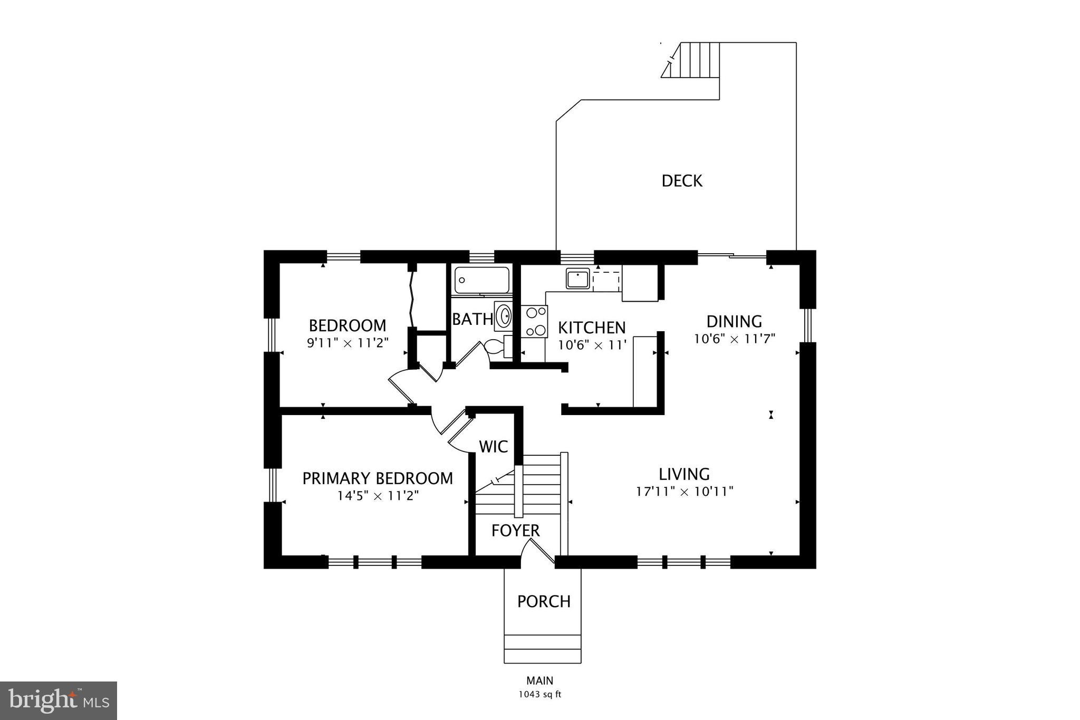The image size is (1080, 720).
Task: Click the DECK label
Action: click(682, 181)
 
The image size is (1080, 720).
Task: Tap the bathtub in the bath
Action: click(482, 280)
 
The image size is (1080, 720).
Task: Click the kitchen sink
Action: click(578, 279)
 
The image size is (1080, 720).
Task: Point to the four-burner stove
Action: click(534, 322)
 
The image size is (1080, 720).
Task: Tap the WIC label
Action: click(493, 447)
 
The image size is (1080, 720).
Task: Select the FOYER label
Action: click(515, 531)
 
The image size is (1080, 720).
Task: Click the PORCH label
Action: click(544, 601)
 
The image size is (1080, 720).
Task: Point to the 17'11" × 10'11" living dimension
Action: click(684, 492)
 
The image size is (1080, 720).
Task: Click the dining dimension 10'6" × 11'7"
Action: click(734, 339)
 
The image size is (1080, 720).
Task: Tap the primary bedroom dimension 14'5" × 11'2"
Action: click(378, 496)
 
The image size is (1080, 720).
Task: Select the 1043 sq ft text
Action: click(539, 694)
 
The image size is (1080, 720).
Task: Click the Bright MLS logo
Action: click(58, 700)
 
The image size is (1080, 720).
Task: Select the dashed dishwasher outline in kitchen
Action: click(606, 281)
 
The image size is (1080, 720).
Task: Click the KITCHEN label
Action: click(592, 328)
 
